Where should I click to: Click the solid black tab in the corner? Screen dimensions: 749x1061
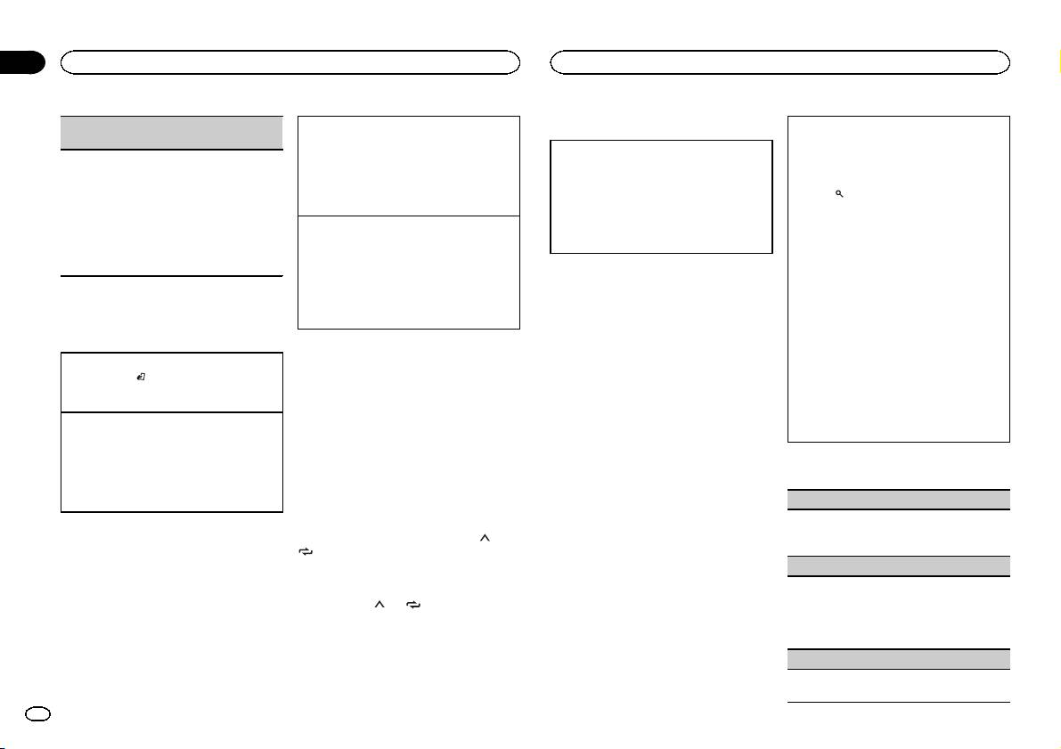21,61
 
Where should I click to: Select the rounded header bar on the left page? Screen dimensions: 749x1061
290,61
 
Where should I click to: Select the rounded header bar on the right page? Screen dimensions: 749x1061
780,61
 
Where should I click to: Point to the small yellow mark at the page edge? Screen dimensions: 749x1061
1057,61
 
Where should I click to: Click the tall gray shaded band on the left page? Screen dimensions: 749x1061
171,133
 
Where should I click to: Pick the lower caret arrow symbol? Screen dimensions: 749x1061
378,604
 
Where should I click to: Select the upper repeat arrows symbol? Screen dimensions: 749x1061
306,552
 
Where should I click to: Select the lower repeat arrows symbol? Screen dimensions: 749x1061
413,604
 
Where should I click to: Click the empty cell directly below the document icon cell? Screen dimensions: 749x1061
171,461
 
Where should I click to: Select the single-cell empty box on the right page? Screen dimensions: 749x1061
661,197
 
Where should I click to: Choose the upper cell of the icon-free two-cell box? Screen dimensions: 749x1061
409,166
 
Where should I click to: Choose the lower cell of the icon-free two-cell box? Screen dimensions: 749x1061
409,273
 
